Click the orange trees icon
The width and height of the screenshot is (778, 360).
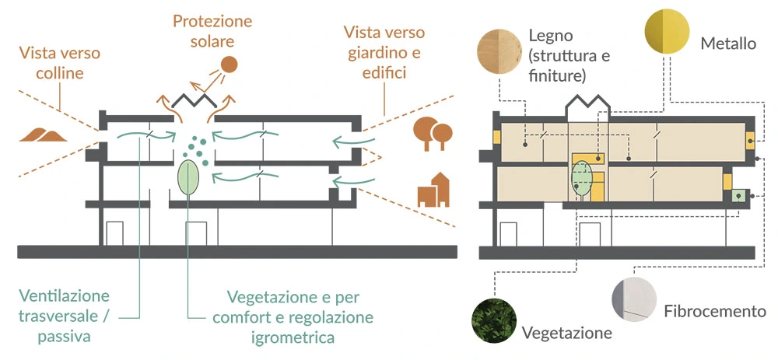click(432, 132)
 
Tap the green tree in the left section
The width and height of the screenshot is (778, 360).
click(188, 177)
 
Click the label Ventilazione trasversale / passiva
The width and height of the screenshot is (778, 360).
click(66, 316)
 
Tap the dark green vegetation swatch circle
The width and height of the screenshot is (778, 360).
click(492, 320)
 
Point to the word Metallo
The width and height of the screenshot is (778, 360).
click(727, 44)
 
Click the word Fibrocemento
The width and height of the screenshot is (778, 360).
click(715, 312)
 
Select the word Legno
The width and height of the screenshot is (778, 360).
click(550, 36)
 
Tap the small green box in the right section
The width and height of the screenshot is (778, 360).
click(737, 196)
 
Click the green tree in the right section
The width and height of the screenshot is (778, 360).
click(583, 178)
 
